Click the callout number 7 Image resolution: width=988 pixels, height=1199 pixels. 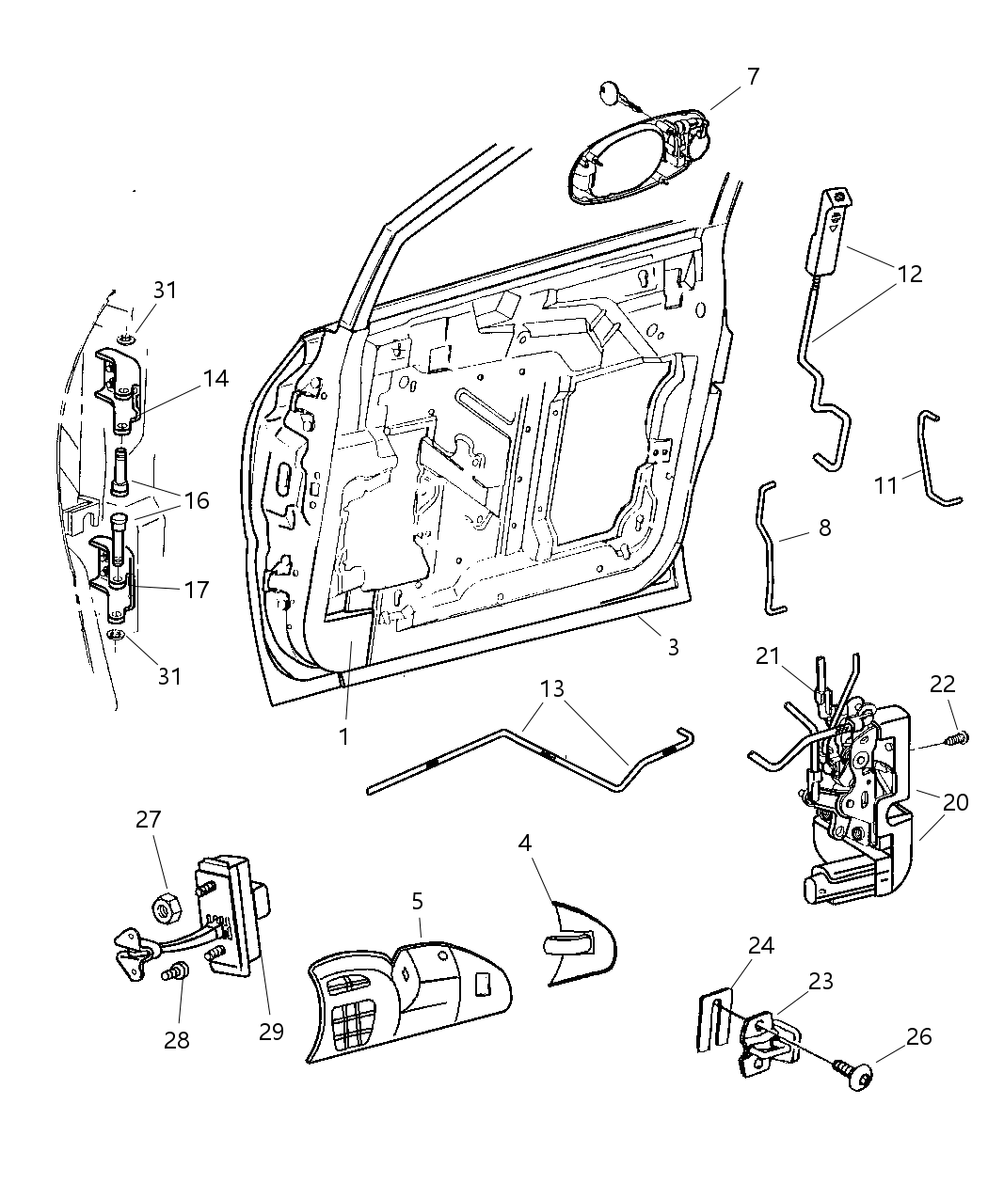click(752, 77)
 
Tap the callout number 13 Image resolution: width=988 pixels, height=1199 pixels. click(552, 689)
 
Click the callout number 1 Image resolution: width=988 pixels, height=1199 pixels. click(344, 736)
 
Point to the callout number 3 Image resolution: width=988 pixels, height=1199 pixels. click(672, 647)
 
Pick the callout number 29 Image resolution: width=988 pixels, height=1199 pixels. click(271, 1031)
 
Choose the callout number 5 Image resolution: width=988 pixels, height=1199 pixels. click(417, 901)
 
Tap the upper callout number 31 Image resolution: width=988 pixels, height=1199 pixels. click(165, 291)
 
